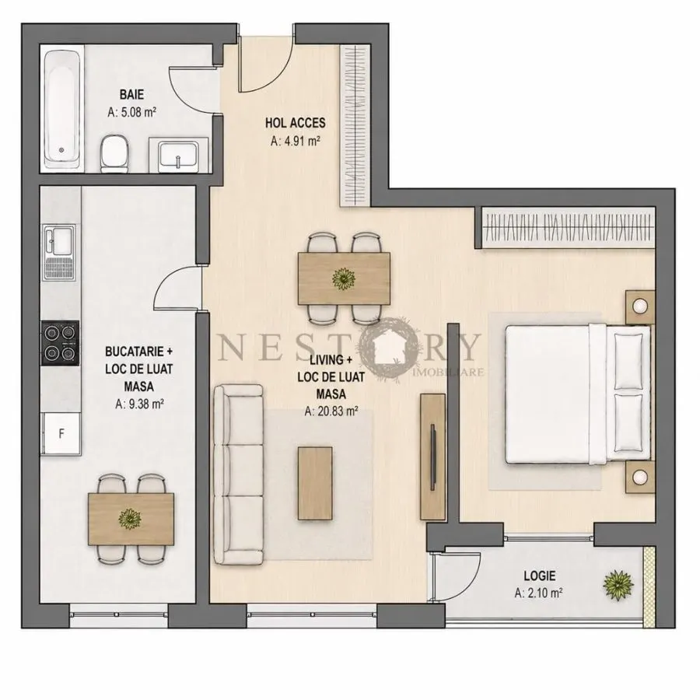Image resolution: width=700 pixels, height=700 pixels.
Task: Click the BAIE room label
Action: click(x=131, y=95)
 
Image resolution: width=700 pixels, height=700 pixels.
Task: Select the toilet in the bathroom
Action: click(x=114, y=153)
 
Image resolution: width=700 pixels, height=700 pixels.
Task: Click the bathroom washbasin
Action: click(x=179, y=155)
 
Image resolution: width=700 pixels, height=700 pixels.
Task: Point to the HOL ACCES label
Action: click(x=295, y=123)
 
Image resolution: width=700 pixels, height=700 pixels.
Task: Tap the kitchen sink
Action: click(x=59, y=252)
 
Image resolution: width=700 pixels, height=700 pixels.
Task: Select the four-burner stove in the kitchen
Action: click(x=60, y=343)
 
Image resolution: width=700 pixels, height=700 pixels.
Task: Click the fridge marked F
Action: click(x=61, y=433)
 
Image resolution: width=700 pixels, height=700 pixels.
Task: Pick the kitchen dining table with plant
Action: click(x=131, y=519)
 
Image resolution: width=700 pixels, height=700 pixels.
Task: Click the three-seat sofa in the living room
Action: click(x=239, y=474)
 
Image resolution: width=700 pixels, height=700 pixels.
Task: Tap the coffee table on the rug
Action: click(x=315, y=483)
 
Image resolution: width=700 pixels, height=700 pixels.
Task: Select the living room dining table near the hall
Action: click(x=344, y=278)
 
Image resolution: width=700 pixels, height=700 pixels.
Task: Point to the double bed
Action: click(x=578, y=394)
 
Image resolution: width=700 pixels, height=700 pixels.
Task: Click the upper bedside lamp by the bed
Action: click(x=640, y=306)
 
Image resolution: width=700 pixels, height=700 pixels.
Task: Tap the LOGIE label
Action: click(x=540, y=576)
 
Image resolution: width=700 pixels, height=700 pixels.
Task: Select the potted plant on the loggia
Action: click(x=618, y=584)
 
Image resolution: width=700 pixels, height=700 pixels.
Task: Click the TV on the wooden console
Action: click(x=432, y=457)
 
